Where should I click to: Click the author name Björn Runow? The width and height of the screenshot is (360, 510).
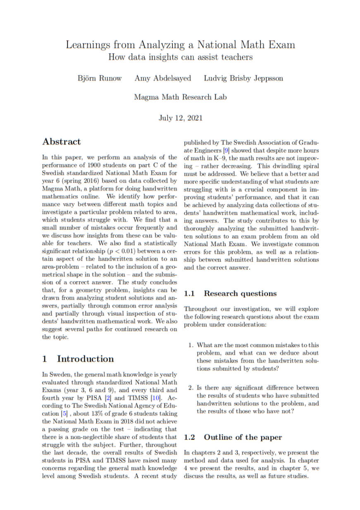[100, 79]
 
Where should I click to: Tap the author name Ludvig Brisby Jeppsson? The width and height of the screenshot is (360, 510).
[243, 79]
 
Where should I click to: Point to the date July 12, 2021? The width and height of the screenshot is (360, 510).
[181, 118]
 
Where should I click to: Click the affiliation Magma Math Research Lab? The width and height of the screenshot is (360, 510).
[180, 98]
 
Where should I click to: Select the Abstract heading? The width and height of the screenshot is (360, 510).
[62, 142]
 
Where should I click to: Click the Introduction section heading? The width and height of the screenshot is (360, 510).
[85, 359]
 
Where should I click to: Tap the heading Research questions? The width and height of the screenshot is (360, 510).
[240, 294]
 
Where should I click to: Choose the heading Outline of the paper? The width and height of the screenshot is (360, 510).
[243, 437]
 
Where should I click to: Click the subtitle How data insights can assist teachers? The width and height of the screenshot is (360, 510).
[180, 57]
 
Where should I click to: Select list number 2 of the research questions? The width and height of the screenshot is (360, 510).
[191, 388]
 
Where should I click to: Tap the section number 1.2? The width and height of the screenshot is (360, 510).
[190, 437]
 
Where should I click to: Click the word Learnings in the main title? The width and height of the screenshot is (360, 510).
[88, 45]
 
